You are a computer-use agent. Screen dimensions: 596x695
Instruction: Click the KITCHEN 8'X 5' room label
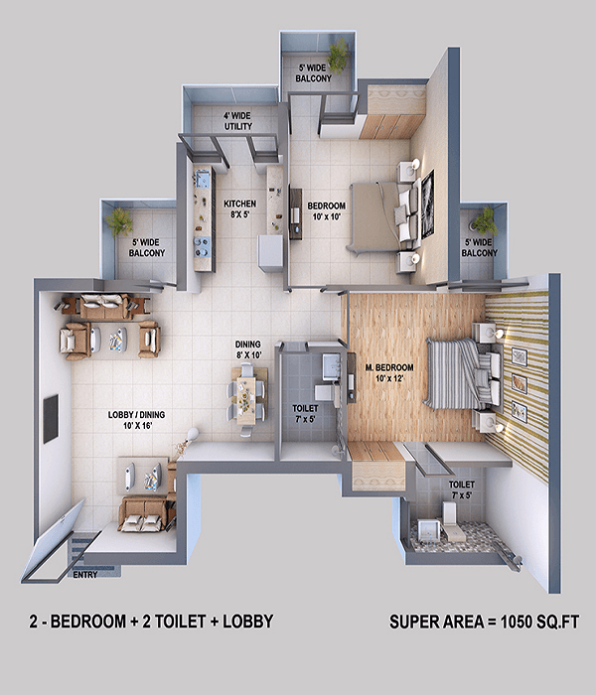click(239, 209)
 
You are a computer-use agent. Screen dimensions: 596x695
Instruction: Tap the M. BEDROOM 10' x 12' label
click(389, 372)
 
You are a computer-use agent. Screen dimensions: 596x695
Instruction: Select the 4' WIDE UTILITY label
click(237, 121)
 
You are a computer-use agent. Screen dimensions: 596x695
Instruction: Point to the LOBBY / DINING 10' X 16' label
click(137, 420)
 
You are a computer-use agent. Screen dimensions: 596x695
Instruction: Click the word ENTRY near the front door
click(85, 575)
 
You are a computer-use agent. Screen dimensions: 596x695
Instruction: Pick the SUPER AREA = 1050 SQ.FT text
click(485, 622)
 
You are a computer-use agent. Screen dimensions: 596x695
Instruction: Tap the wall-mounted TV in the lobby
click(51, 418)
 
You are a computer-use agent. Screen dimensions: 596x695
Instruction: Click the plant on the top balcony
click(340, 55)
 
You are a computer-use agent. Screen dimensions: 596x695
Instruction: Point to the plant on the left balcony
click(118, 220)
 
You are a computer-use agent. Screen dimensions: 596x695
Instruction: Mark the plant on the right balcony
click(485, 221)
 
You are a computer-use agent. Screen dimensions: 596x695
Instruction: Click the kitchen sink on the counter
click(203, 179)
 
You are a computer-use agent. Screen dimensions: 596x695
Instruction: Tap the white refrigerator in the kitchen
click(270, 253)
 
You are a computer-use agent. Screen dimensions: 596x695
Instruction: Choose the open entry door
click(54, 543)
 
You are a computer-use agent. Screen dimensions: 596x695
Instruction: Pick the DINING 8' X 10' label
click(248, 349)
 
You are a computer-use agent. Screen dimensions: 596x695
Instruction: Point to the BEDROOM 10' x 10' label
click(327, 210)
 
